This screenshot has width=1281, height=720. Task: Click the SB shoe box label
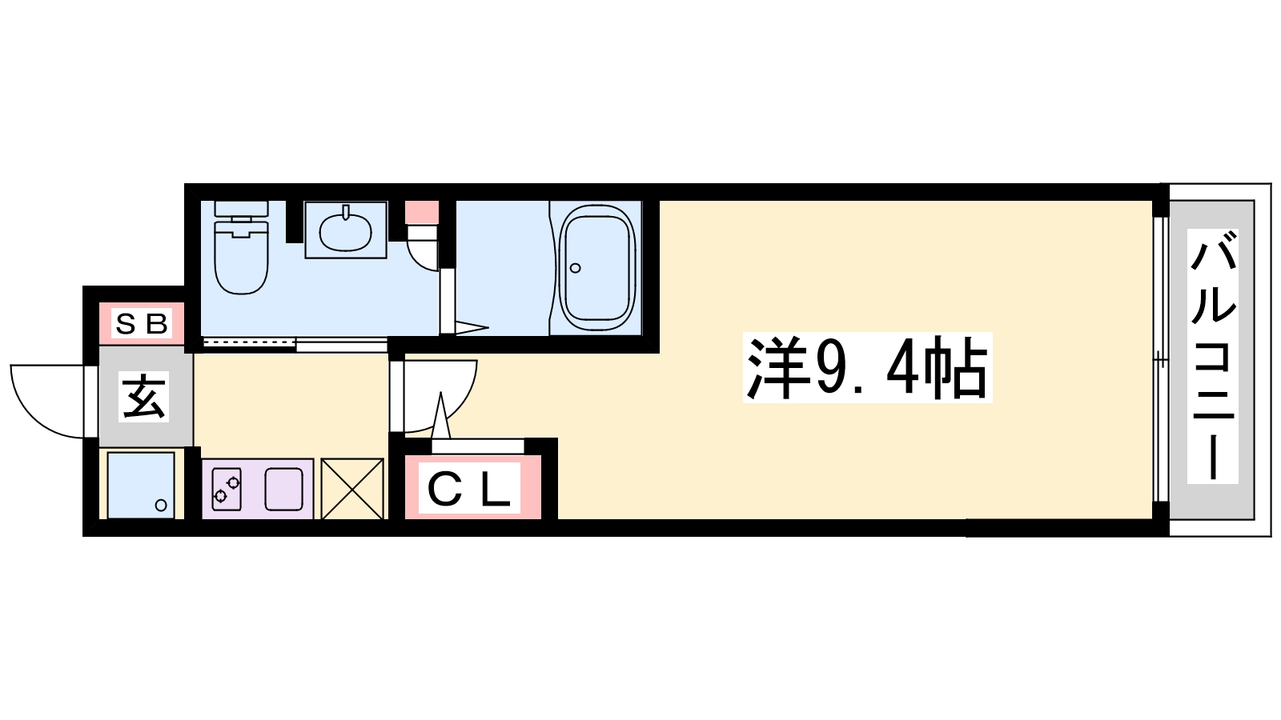click(142, 324)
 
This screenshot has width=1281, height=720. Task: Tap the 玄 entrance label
click(143, 396)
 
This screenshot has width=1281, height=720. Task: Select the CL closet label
click(469, 487)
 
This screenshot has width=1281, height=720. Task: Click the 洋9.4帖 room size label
click(867, 367)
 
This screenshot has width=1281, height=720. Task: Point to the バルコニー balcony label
click(1212, 356)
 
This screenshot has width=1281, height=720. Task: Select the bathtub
click(597, 267)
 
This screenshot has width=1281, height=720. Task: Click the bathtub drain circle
click(576, 268)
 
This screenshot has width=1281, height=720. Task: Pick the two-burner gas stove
click(227, 489)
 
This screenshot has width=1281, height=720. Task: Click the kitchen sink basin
click(283, 489)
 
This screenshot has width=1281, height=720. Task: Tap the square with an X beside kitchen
click(351, 489)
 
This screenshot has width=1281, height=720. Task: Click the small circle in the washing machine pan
click(161, 505)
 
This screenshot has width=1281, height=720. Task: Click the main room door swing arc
click(457, 409)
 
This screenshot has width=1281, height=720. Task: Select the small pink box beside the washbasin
click(422, 212)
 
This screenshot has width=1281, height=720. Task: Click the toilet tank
click(241, 210)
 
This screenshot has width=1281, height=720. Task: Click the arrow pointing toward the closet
click(441, 415)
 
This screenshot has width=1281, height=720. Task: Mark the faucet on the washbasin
click(345, 213)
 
